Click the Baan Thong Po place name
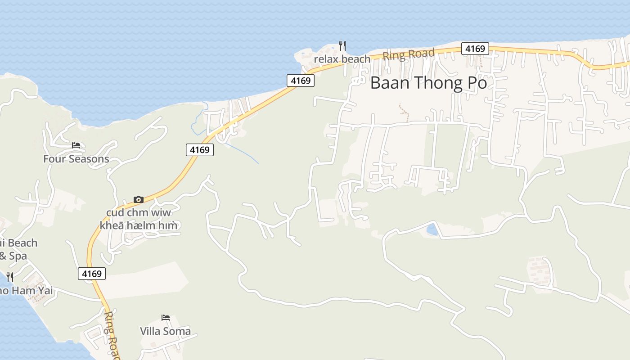click(x=428, y=83)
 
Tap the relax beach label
click(x=342, y=59)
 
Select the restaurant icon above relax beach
click(x=342, y=45)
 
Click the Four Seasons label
click(x=76, y=159)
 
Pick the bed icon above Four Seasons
click(x=76, y=145)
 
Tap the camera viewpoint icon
click(x=139, y=199)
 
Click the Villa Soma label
click(x=165, y=331)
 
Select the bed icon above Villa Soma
click(x=165, y=318)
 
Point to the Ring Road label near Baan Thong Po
click(x=409, y=55)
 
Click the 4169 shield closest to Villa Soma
click(x=92, y=273)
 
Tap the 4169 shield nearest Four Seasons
click(x=199, y=150)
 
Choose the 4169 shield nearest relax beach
click(x=301, y=81)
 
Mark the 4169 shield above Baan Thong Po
click(x=475, y=49)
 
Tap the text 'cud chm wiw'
click(x=139, y=212)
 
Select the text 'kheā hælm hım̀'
click(x=142, y=225)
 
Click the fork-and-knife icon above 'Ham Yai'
click(x=10, y=276)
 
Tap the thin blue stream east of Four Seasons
click(x=243, y=153)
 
